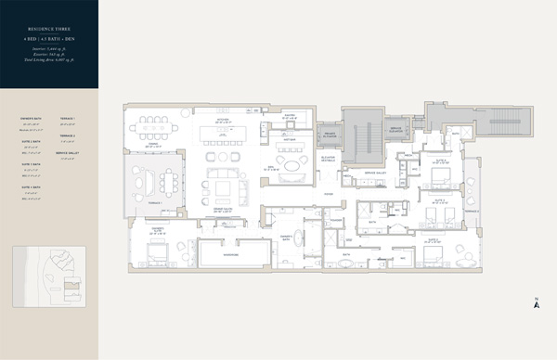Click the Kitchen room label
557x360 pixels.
click(222, 119)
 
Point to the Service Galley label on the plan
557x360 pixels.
click(375, 173)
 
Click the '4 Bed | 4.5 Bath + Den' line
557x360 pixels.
click(49, 42)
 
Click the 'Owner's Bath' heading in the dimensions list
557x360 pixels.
click(31, 120)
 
